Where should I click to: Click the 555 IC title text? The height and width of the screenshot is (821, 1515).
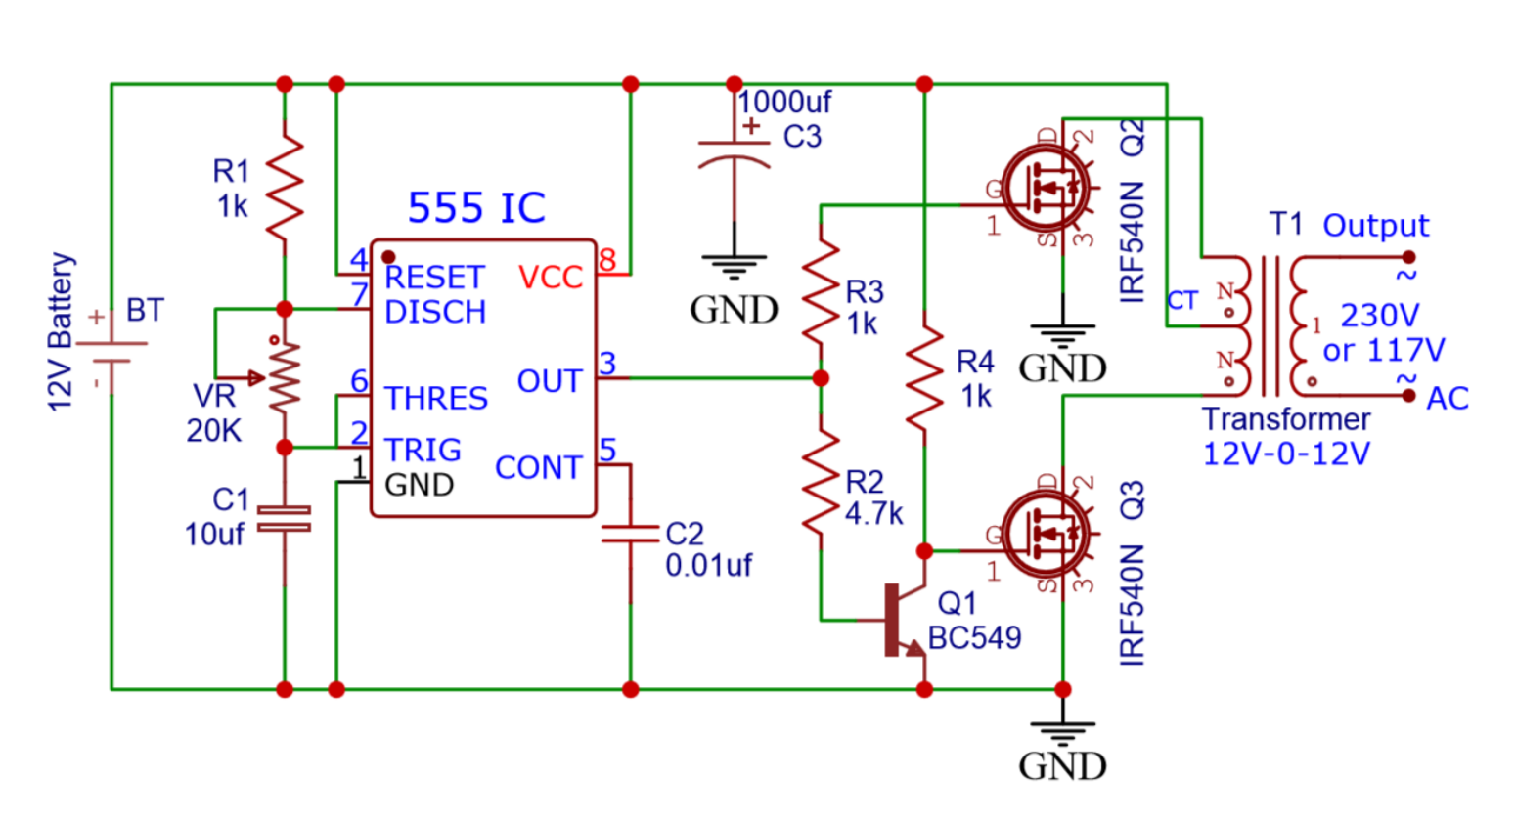(477, 207)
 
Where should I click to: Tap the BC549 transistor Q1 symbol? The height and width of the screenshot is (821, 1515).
(903, 621)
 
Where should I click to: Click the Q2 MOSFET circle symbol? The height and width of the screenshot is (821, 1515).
(1046, 188)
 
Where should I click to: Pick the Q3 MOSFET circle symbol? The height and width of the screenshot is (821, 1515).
(1046, 534)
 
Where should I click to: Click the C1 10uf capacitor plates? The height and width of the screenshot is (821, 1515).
(285, 518)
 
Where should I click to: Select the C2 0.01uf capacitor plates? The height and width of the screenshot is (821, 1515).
(630, 534)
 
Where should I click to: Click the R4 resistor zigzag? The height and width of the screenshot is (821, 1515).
(924, 378)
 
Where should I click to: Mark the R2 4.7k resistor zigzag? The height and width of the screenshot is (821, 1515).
(822, 482)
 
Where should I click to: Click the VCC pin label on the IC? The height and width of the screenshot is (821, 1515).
(551, 277)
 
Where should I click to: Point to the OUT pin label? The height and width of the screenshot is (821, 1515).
(550, 381)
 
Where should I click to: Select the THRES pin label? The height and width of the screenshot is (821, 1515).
(436, 399)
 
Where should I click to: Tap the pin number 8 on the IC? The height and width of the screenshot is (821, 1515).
(607, 260)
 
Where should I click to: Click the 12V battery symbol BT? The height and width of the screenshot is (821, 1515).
(111, 352)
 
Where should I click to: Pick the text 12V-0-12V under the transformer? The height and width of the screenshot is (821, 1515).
(1286, 454)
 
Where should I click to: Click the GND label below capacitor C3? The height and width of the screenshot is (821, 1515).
(735, 310)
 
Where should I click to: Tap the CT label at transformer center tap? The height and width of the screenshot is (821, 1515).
(1182, 301)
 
